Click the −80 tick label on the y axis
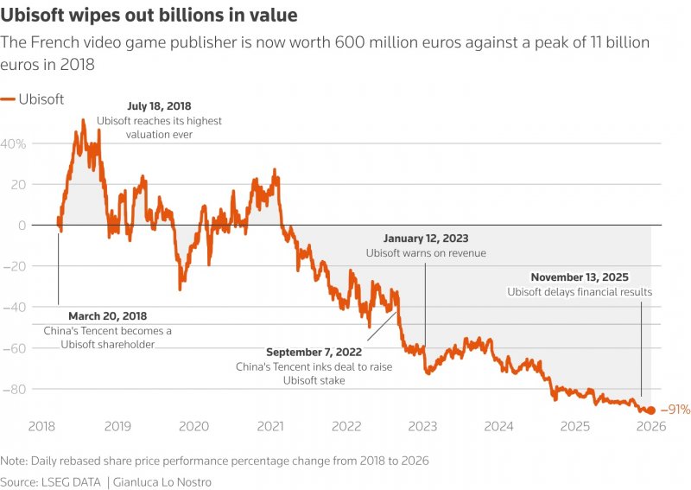click(16, 389)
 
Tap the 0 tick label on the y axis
click(22, 225)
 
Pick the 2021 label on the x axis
click(270, 426)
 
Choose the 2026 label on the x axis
click(650, 426)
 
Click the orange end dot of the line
click(651, 410)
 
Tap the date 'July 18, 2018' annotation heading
click(159, 106)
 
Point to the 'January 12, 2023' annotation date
click(427, 239)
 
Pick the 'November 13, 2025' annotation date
click(579, 277)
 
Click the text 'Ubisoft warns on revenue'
click(426, 253)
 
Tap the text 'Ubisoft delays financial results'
click(579, 292)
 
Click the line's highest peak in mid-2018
click(83, 120)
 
